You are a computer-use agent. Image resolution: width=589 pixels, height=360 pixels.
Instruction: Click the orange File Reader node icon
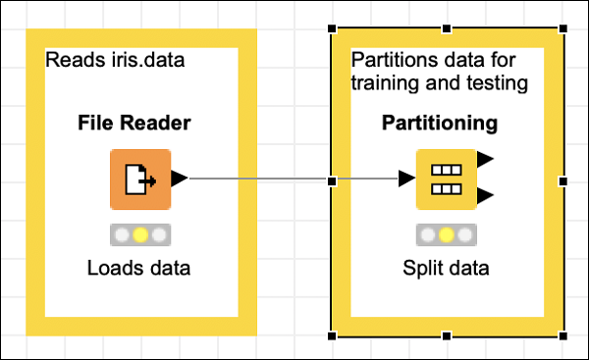click(x=139, y=179)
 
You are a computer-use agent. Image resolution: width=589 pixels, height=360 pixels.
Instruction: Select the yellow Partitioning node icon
click(x=446, y=180)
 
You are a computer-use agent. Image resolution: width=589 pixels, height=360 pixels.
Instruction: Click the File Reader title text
click(x=134, y=124)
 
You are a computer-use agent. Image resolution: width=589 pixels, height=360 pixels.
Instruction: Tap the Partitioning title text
click(x=439, y=124)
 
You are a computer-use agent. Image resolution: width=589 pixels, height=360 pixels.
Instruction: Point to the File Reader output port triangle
click(x=179, y=179)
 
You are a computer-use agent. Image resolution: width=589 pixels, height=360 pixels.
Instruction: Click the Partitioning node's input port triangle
click(x=406, y=180)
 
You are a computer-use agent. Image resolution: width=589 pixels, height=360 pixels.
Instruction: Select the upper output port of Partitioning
click(x=485, y=160)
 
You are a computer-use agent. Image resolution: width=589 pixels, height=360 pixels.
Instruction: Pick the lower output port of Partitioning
click(x=485, y=197)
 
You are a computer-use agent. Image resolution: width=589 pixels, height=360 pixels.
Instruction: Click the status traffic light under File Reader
click(x=139, y=235)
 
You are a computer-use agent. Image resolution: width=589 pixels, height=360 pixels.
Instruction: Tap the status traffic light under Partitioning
click(x=446, y=235)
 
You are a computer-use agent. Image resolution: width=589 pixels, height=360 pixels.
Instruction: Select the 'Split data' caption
click(x=446, y=267)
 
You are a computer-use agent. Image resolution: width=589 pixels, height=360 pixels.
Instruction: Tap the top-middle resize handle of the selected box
click(x=448, y=28)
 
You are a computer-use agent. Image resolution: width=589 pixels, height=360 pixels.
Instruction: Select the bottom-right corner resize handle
click(x=563, y=335)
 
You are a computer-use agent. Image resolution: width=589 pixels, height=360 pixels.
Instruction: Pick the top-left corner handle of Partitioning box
click(x=332, y=28)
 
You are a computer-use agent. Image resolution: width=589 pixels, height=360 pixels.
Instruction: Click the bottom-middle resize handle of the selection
click(x=448, y=335)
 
